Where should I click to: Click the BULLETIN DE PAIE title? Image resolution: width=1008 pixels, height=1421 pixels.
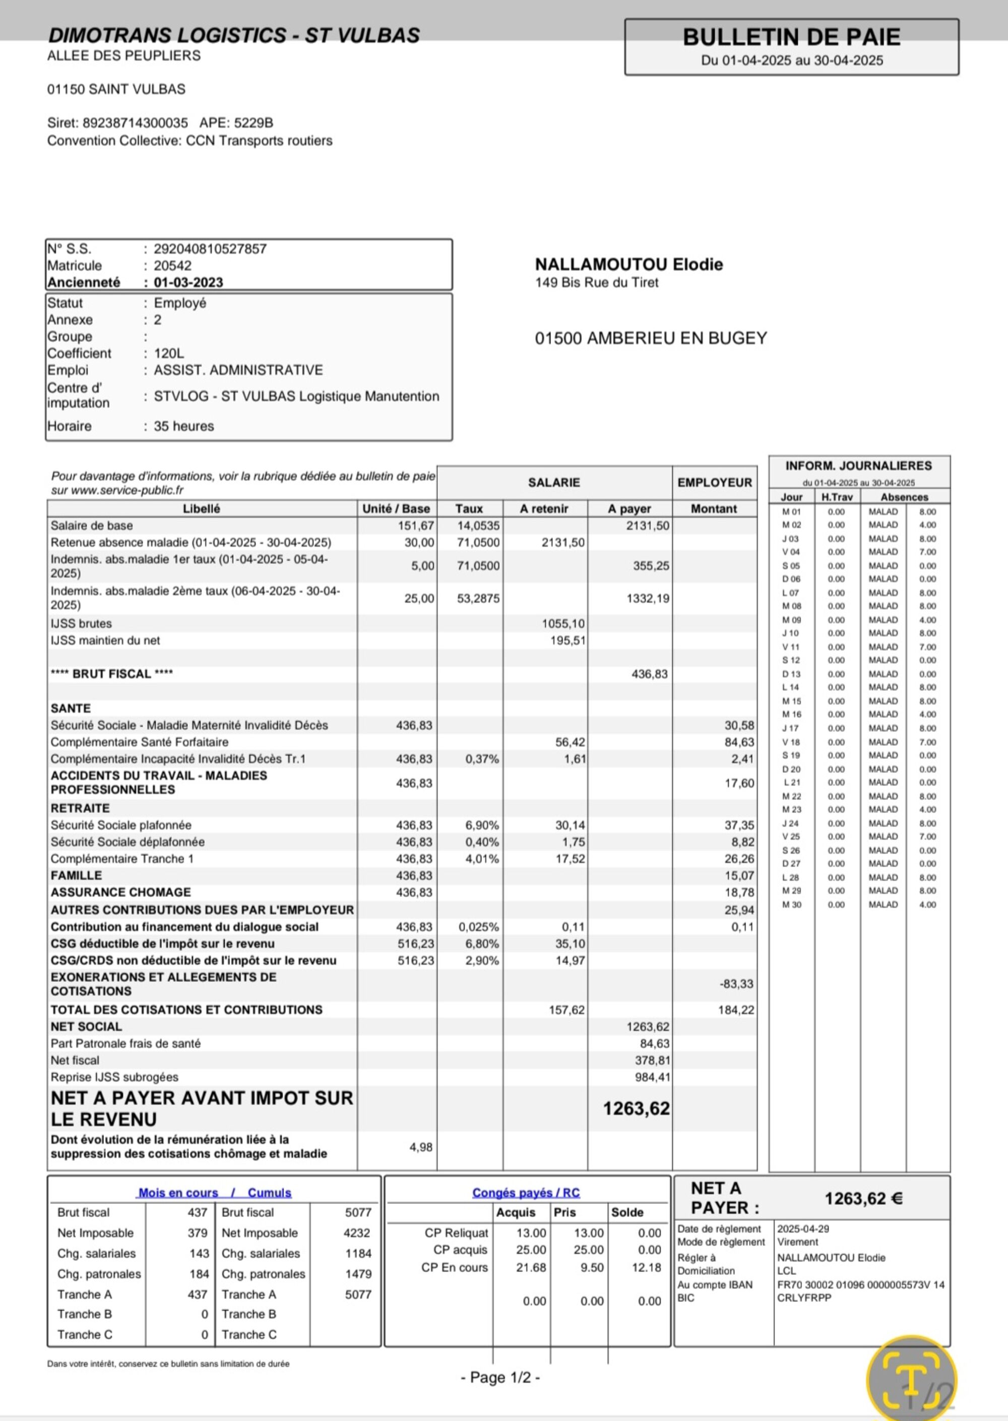[x=791, y=37]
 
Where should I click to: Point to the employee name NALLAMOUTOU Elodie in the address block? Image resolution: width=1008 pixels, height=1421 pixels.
[x=629, y=265]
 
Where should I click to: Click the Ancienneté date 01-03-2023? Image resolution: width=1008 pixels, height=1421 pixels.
[x=188, y=282]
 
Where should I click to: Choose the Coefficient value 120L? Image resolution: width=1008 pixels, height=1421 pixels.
[x=169, y=353]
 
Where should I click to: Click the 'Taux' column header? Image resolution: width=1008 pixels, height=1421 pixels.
[x=469, y=509]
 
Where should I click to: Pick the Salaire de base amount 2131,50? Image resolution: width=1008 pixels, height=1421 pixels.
[x=648, y=526]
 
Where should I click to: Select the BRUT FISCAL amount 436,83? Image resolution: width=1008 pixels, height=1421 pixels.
[x=649, y=674]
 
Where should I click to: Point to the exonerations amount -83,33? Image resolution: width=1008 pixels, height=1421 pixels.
[x=737, y=984]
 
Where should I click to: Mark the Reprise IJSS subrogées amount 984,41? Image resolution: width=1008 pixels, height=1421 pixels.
[x=652, y=1077]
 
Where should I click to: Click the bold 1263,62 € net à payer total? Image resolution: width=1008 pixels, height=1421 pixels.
[x=863, y=1199]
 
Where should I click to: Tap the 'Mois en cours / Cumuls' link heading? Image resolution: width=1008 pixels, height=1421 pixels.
[x=214, y=1193]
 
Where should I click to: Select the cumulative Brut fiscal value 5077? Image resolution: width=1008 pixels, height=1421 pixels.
[x=358, y=1212]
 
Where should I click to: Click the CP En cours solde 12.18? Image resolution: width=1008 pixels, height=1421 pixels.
[x=646, y=1268]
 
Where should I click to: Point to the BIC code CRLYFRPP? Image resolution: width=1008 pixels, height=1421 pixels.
[x=804, y=1298]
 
